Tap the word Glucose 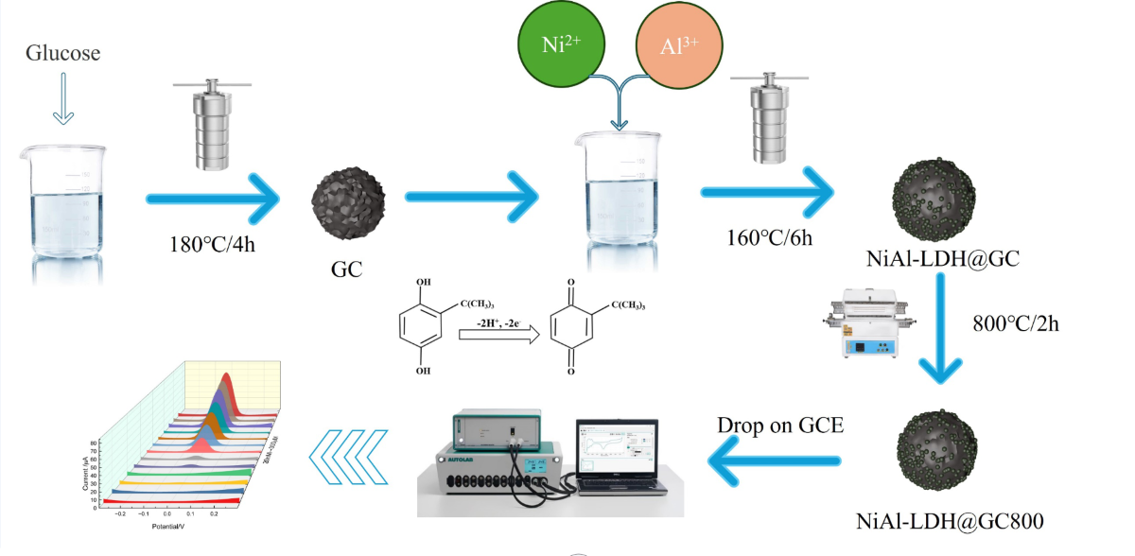point(62,54)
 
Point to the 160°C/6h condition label point(764,236)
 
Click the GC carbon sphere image point(348,200)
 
